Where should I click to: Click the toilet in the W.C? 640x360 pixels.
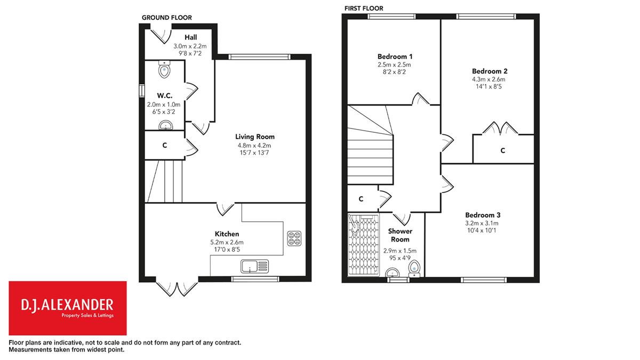coord(164,69)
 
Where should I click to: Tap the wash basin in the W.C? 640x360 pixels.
coord(166,125)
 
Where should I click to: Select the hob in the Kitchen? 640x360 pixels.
coord(294,238)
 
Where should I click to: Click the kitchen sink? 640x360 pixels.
coord(254,266)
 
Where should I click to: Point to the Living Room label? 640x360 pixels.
coord(255,137)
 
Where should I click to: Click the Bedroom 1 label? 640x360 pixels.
coord(395,57)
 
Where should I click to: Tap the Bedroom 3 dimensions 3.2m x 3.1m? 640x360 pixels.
coord(482,223)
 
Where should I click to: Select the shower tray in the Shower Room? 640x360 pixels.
coord(364,245)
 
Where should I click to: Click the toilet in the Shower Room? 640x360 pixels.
coord(414,269)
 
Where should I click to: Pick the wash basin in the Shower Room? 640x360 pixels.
coord(393,273)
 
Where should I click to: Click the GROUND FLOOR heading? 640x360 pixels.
coord(167,18)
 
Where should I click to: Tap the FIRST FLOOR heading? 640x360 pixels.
coord(364,9)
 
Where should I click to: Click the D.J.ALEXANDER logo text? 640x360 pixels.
coord(67,305)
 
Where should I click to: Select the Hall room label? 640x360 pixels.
coord(190,37)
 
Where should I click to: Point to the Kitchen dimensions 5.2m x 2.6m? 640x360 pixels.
coord(227,242)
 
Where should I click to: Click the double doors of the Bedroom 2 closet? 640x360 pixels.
coord(500,129)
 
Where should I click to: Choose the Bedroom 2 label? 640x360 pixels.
coord(490,71)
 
